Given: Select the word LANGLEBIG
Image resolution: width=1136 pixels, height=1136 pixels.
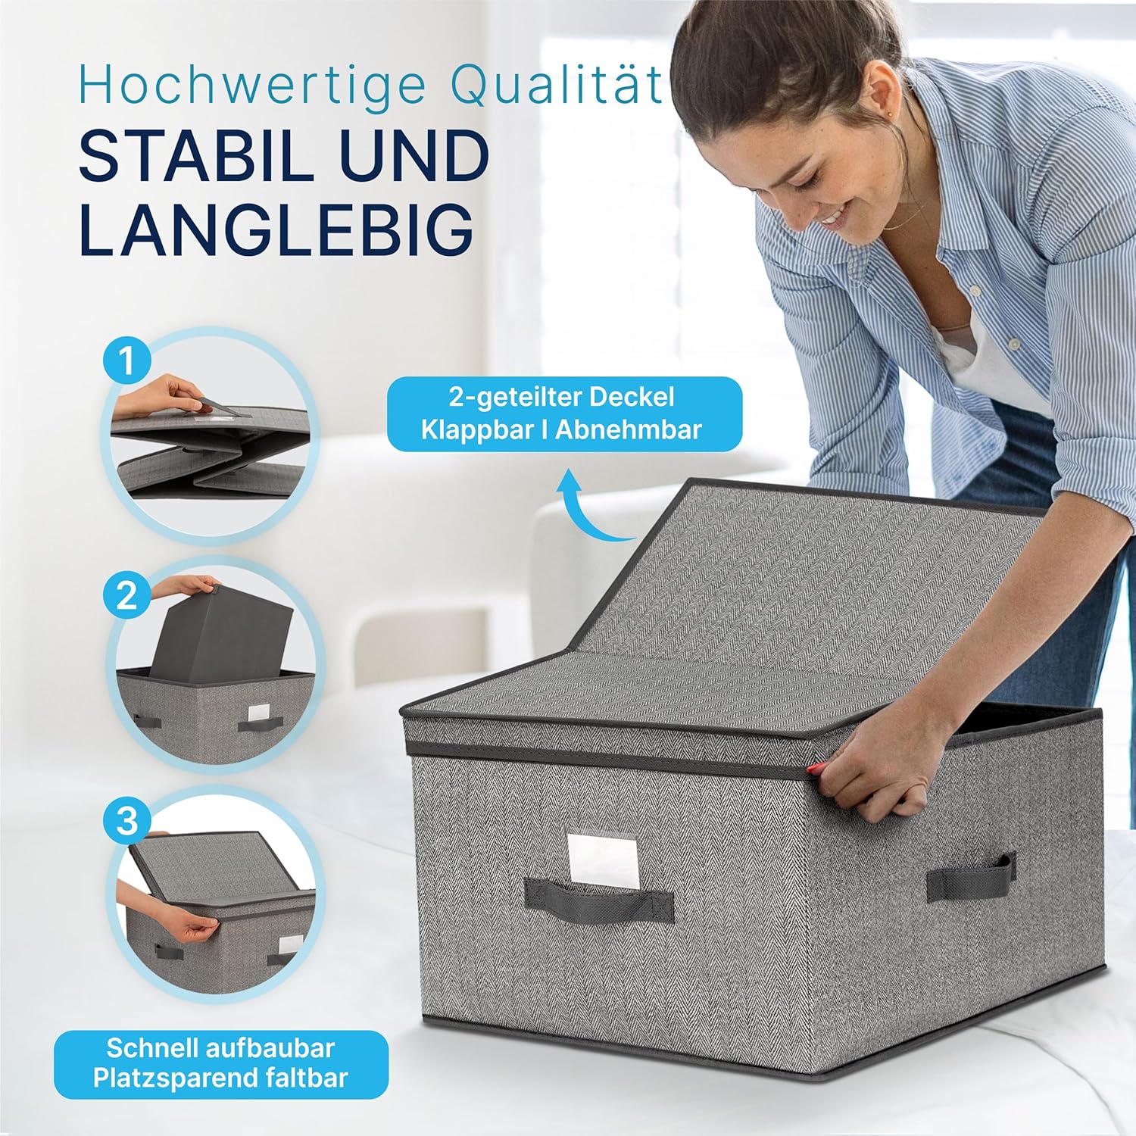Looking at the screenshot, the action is point(276,227).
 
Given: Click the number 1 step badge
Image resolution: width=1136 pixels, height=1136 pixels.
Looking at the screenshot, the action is point(126,360).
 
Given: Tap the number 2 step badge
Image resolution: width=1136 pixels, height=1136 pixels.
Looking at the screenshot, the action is point(126,596).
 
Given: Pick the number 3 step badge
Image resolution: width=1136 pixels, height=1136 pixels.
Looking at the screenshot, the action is point(126,821).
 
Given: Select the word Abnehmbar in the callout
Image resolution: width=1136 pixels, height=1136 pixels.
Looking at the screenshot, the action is point(629,429).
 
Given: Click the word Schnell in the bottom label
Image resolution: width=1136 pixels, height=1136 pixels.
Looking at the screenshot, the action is point(148,1048).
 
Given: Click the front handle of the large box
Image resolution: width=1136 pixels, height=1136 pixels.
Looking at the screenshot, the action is point(599,899).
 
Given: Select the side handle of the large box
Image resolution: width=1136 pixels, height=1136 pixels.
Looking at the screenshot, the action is point(971,879).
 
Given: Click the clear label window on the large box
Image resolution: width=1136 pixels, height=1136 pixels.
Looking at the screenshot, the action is point(603,859).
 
